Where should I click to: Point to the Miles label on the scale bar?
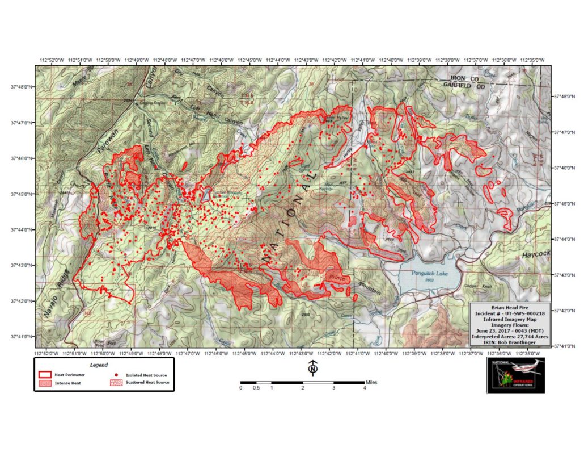coord(371,382)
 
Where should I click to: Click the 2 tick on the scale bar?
coord(303,388)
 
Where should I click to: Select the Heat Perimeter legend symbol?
coord(44,375)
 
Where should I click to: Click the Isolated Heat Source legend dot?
coord(116,375)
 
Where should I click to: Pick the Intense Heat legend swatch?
coord(44,383)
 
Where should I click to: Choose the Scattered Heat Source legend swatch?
coord(116,383)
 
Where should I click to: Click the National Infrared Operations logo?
coord(515,374)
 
